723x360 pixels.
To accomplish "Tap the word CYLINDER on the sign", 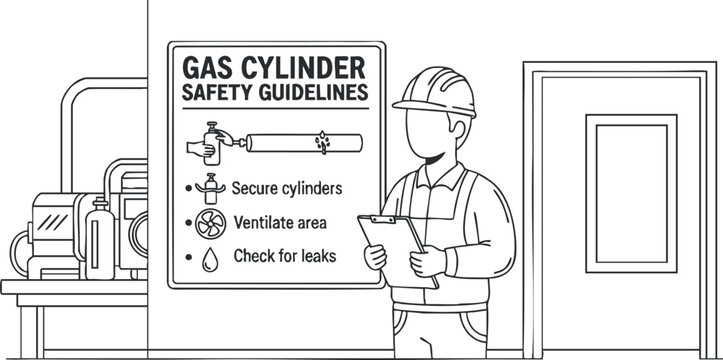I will click(x=302, y=70).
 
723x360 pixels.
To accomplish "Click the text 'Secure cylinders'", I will click(x=287, y=187).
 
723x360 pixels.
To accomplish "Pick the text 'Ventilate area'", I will click(x=280, y=221).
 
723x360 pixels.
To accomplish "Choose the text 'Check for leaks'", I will click(x=285, y=256).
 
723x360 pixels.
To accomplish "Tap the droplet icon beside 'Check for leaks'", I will click(x=209, y=257).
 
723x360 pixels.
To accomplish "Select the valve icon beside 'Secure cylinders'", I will click(x=210, y=186).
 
